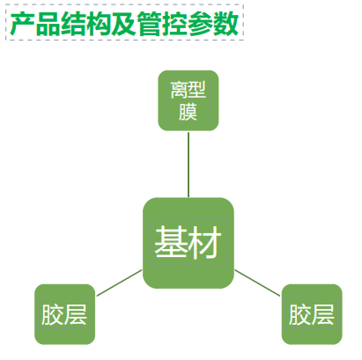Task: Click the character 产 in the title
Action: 23,24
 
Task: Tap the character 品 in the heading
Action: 48,24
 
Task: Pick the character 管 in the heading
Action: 149,24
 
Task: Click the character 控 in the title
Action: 174,24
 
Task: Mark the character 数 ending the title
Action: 225,24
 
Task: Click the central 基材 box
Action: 188,243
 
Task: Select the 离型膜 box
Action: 188,100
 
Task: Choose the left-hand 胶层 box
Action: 65,314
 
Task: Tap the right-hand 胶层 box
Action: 312,314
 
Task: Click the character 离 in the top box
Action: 179,90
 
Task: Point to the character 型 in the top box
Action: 196,90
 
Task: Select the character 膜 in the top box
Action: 188,112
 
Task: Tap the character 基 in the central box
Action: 171,243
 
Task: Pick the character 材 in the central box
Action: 204,243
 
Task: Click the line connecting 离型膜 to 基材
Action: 188,165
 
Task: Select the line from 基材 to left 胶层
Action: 119,283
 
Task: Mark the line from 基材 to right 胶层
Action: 257,283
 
